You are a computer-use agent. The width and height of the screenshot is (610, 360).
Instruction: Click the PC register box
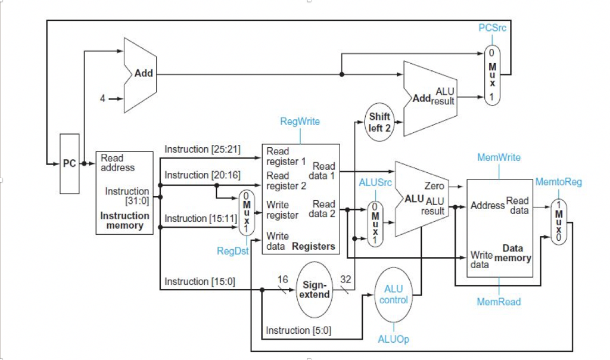pos(70,163)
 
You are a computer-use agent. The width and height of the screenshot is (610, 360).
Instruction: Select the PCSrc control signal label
pos(492,28)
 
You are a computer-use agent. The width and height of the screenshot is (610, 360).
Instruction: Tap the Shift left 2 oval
pos(379,122)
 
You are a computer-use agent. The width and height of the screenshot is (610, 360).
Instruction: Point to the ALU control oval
pos(393,294)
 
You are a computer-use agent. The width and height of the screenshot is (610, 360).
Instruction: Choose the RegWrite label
pos(300,122)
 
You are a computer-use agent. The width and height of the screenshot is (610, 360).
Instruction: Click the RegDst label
pos(232,251)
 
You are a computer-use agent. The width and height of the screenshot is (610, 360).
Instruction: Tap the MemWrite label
pos(499,157)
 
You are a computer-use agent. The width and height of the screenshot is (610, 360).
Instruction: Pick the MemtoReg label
pos(558,181)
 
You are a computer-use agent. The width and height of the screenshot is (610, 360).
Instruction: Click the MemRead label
pos(499,302)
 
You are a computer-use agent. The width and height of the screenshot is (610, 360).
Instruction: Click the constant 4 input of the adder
pos(102,99)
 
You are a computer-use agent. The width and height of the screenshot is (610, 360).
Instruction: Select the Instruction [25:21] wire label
pos(202,149)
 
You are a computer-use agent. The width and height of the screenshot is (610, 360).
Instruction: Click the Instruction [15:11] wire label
pos(202,218)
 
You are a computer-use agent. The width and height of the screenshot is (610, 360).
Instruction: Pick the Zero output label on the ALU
pos(434,187)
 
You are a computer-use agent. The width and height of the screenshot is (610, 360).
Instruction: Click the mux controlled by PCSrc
pos(492,76)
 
